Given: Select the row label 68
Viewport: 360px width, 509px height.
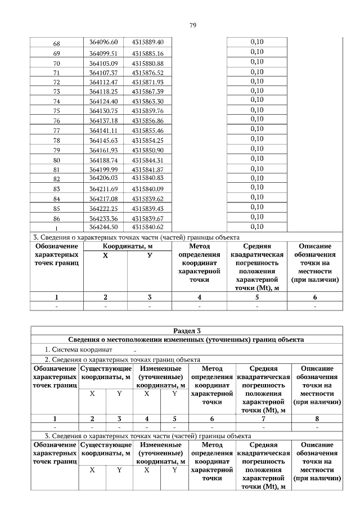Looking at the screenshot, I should pos(56,43).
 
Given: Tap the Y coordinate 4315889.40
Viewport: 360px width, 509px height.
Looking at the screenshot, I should pos(147,43).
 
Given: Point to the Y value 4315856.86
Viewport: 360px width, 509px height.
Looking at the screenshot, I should pos(147,121).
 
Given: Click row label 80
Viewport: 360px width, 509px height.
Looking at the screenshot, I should pos(56,160).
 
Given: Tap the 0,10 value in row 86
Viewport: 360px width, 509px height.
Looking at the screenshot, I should pos(256,217).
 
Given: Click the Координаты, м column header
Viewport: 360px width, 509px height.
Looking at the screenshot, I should pos(127,246).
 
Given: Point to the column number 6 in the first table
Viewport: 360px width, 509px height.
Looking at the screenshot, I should pos(315,297).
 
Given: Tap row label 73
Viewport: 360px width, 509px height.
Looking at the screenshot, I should pos(56,92).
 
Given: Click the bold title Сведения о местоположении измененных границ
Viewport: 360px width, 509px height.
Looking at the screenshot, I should pos(186,340).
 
